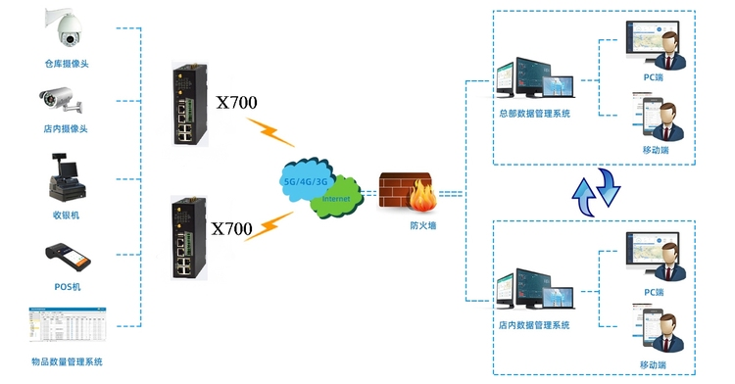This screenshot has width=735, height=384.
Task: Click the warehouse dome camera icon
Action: point(65,27)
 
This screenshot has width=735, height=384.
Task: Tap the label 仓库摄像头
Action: point(67,64)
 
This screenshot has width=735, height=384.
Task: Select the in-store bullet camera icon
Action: point(61,100)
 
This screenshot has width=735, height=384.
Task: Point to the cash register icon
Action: point(67,177)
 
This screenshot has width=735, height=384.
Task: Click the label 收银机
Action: point(66,216)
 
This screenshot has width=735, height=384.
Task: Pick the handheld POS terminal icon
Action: point(68,258)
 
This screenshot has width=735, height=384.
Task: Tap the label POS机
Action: point(68,287)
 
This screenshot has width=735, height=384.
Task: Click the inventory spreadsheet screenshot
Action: point(68,324)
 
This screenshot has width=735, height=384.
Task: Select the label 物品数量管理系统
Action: point(67,361)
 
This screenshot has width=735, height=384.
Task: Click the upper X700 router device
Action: point(190,105)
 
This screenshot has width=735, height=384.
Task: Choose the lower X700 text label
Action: point(231,228)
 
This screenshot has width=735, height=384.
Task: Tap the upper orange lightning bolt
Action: point(270,132)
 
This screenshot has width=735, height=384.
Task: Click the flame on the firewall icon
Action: point(422,196)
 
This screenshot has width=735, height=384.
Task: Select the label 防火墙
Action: point(422,225)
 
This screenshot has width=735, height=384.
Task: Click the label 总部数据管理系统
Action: point(534,114)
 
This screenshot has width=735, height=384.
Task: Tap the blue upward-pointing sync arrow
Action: point(584,197)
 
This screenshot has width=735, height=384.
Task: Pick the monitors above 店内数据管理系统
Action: point(535,289)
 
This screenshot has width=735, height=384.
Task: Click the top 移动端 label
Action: point(656,150)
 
